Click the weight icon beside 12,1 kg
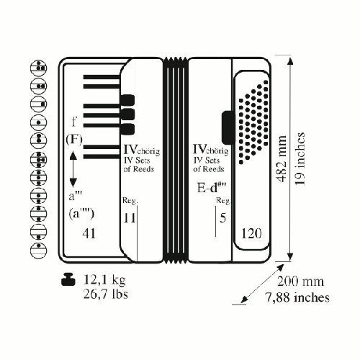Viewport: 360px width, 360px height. pos(68,280)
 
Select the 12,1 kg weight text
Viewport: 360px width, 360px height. pos(104,279)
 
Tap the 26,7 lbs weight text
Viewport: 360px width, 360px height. pos(105,294)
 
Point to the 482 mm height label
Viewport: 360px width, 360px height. pos(282,158)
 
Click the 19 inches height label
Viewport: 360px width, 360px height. pos(300,158)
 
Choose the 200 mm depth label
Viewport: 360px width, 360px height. pos(300,282)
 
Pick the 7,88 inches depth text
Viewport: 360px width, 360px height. pos(297,297)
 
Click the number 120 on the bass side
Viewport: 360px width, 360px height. pos(251,233)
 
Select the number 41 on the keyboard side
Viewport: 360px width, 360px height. pos(89,233)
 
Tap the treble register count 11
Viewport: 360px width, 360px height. pos(129,218)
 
